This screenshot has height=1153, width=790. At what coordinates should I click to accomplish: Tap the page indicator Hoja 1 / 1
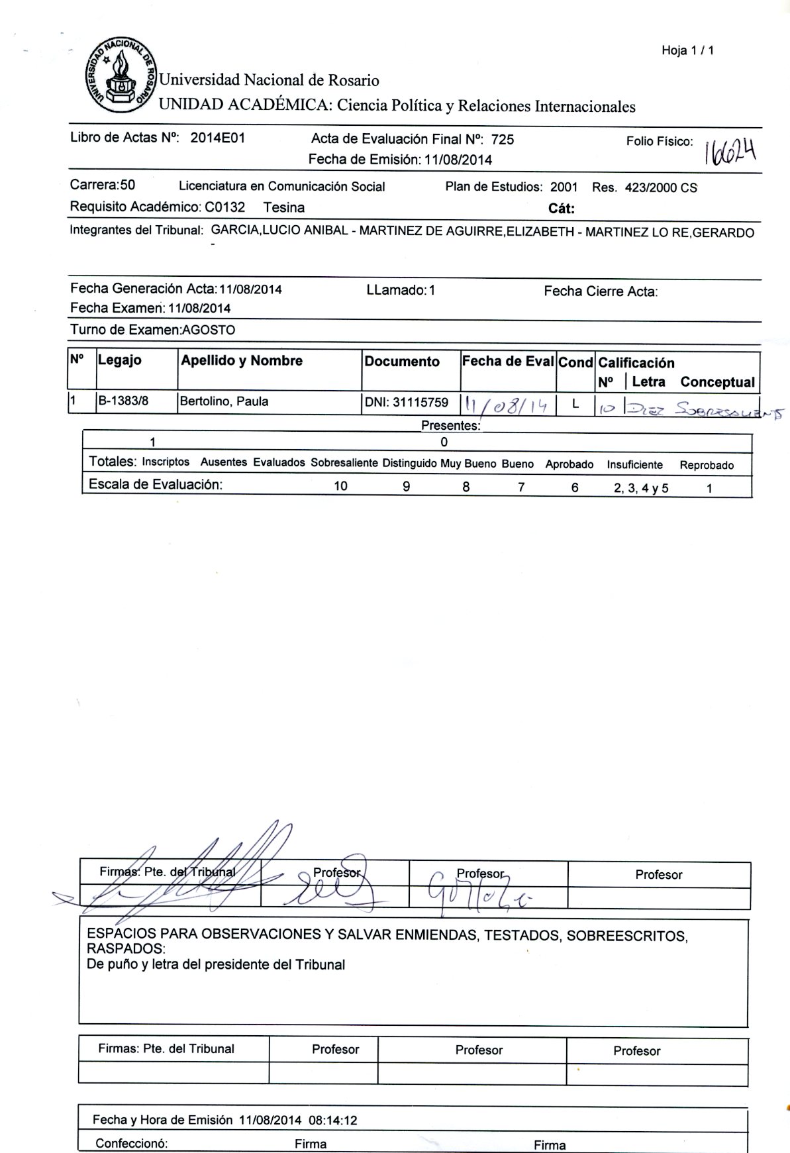pyautogui.click(x=687, y=50)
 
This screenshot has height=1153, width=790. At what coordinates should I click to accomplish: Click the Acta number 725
pyautogui.click(x=503, y=139)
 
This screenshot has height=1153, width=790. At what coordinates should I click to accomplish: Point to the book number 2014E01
pyautogui.click(x=218, y=138)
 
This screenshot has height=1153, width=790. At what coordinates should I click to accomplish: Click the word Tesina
pyautogui.click(x=283, y=207)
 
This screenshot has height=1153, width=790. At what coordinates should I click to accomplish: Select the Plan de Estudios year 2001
pyautogui.click(x=564, y=187)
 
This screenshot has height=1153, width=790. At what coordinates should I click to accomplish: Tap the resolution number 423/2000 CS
pyautogui.click(x=661, y=187)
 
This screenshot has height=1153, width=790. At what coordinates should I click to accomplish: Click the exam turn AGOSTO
pyautogui.click(x=209, y=330)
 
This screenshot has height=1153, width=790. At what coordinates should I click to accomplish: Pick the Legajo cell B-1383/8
pyautogui.click(x=123, y=401)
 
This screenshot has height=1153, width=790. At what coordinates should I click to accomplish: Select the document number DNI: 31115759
pyautogui.click(x=406, y=402)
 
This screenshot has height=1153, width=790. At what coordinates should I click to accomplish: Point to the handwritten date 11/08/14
pyautogui.click(x=507, y=405)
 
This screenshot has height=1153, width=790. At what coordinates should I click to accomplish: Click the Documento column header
pyautogui.click(x=402, y=362)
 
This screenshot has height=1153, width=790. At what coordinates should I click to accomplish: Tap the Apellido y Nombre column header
pyautogui.click(x=242, y=361)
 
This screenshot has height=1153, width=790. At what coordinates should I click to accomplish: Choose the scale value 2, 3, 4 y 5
pyautogui.click(x=640, y=489)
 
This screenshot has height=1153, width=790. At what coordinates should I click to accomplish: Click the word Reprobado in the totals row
pyautogui.click(x=707, y=465)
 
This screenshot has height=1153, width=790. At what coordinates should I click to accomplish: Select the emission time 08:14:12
pyautogui.click(x=333, y=1120)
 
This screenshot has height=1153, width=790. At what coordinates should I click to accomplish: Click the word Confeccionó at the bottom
pyautogui.click(x=131, y=1143)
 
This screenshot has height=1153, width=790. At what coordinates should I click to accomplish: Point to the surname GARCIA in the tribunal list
pyautogui.click(x=232, y=232)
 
